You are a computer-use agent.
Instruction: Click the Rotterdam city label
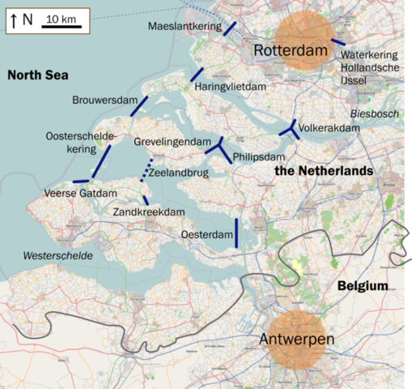[290, 51]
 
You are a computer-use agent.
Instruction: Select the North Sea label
[37, 75]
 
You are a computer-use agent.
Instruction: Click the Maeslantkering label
[184, 27]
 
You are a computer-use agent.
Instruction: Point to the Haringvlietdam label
[229, 85]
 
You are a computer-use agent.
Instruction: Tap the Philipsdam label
[259, 156]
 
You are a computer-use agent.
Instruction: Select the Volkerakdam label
[329, 128]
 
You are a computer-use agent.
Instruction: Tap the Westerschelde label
[57, 256]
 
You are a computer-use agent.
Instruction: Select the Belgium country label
[362, 287]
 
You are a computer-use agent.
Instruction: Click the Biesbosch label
[374, 114]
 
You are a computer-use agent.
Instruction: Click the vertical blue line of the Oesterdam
[236, 232]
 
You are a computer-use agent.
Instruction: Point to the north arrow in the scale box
[14, 19]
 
